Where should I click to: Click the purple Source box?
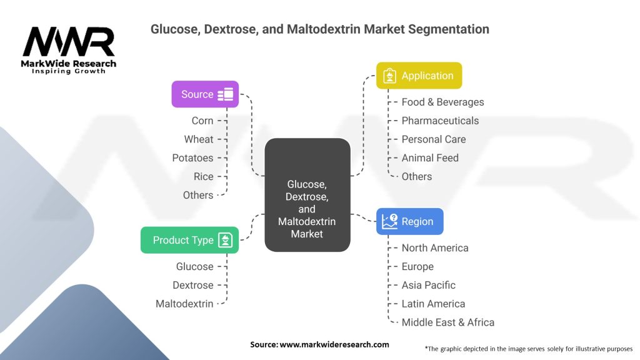click(205, 94)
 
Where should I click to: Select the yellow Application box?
click(419, 76)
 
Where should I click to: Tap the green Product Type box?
click(189, 240)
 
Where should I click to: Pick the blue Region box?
click(409, 221)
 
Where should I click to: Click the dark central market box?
click(307, 195)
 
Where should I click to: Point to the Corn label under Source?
click(202, 121)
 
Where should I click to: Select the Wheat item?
click(198, 139)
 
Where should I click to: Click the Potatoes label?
click(192, 158)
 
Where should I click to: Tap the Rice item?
click(203, 177)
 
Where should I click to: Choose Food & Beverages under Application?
click(442, 102)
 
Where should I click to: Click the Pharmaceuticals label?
click(440, 121)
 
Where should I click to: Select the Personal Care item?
click(433, 139)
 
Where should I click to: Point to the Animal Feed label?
click(430, 158)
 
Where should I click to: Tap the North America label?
click(434, 248)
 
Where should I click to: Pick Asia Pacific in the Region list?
click(428, 285)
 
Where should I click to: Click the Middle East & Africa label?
click(447, 322)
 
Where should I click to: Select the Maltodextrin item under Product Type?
click(184, 304)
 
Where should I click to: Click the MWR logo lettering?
click(69, 42)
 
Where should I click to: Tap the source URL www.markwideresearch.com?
click(334, 344)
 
